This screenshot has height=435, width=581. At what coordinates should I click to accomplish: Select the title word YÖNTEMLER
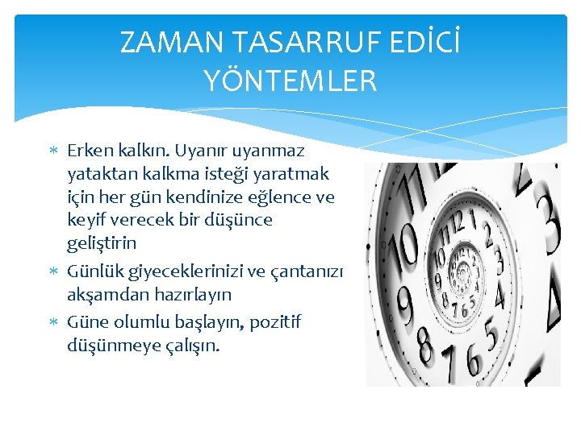[x=290, y=81]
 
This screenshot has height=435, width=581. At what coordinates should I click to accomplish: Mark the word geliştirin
[x=102, y=243]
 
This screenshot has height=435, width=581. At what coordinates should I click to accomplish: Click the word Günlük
[x=94, y=271]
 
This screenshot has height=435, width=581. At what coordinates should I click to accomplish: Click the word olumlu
[x=140, y=322]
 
